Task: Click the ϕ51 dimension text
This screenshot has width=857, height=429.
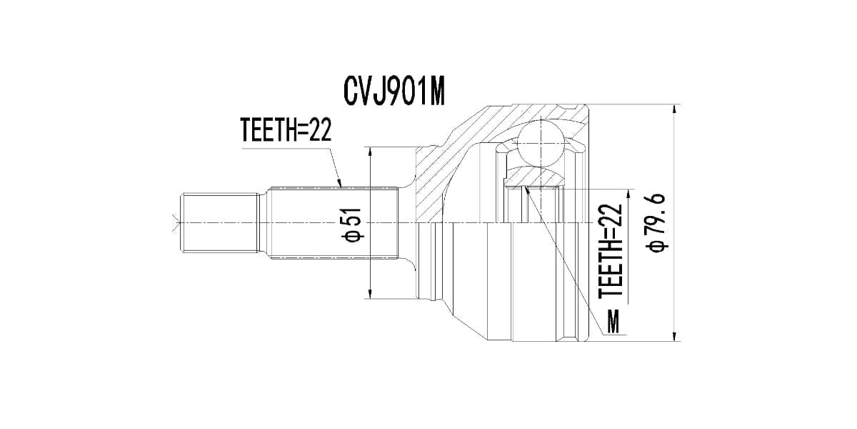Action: click(x=353, y=225)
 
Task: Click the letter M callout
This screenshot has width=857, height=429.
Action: click(x=612, y=322)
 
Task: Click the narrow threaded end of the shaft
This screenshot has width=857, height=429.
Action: click(x=218, y=222)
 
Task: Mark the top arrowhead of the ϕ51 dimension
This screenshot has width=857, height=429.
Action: click(x=370, y=151)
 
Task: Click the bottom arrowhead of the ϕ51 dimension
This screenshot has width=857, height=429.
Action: click(x=370, y=295)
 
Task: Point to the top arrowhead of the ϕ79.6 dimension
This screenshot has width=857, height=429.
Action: click(x=675, y=108)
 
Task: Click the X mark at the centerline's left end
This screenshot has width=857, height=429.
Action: click(x=174, y=222)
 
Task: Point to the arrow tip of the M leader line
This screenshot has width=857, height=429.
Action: click(x=526, y=188)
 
